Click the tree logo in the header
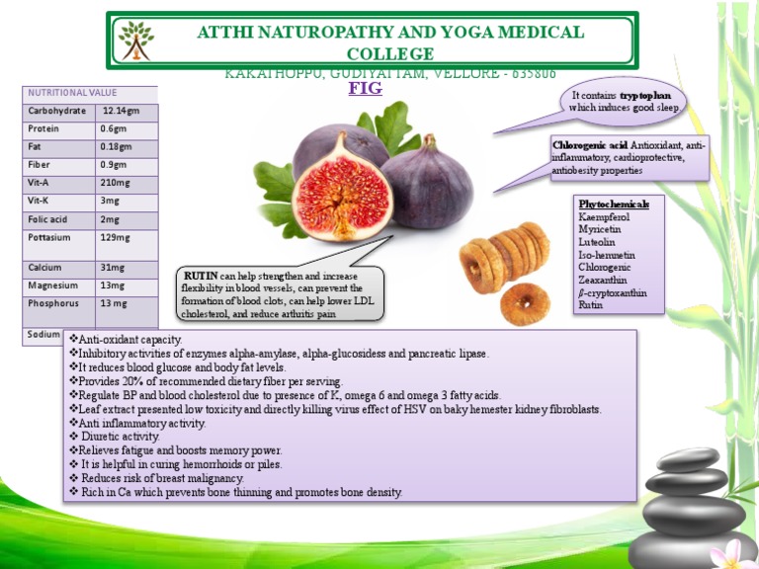[135, 41]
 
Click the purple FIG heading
[365, 88]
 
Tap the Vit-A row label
[40, 183]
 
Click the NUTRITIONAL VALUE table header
[71, 93]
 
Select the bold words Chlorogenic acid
[590, 145]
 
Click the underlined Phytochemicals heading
[613, 203]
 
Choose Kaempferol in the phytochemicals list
[603, 216]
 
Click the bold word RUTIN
[200, 276]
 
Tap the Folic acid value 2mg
[110, 219]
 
